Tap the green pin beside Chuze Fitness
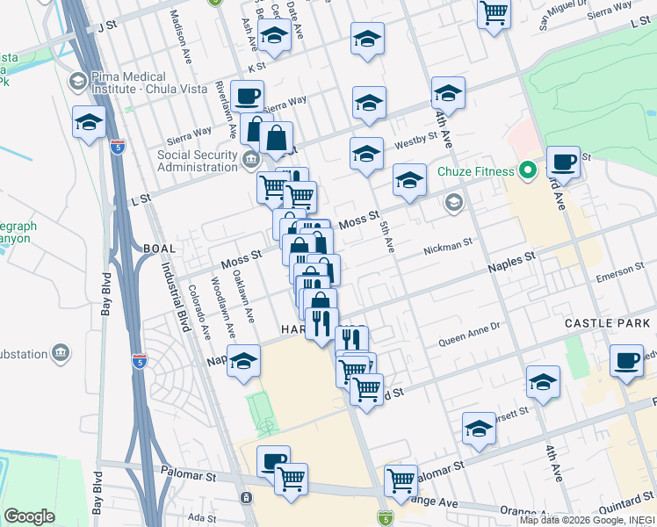click(528, 170)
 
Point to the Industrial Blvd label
click(171, 290)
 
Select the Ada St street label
click(201, 517)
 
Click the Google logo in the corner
click(29, 516)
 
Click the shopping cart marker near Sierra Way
click(495, 13)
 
